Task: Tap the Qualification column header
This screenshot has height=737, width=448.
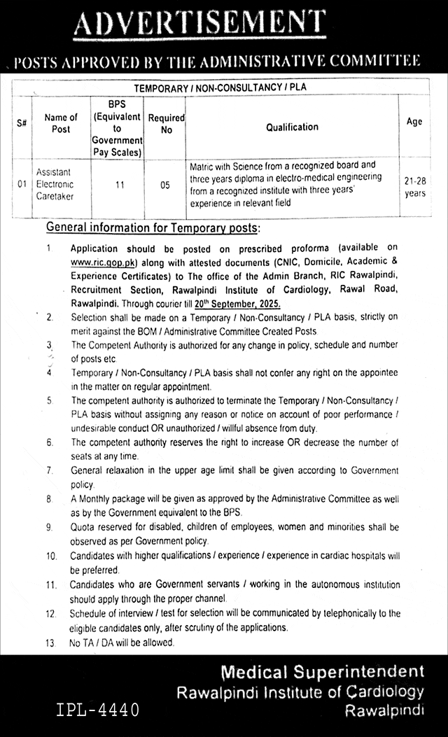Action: coord(292,127)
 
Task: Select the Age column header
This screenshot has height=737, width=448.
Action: coord(414,122)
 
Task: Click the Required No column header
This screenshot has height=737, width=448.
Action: coord(166,125)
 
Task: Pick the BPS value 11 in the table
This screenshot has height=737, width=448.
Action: coord(116,185)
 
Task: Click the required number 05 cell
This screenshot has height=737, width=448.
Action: coord(166,185)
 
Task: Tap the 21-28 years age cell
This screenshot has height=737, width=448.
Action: coord(414,186)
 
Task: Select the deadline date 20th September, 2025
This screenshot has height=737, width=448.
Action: coord(239,303)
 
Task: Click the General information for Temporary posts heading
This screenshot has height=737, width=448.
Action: coord(153,228)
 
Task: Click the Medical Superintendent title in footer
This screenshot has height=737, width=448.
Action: coord(323,673)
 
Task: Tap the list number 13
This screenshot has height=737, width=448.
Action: coord(50,643)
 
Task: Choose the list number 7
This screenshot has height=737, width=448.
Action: coord(50,470)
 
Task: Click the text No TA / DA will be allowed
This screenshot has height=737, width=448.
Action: coord(122,643)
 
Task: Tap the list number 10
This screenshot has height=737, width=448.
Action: coord(50,556)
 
